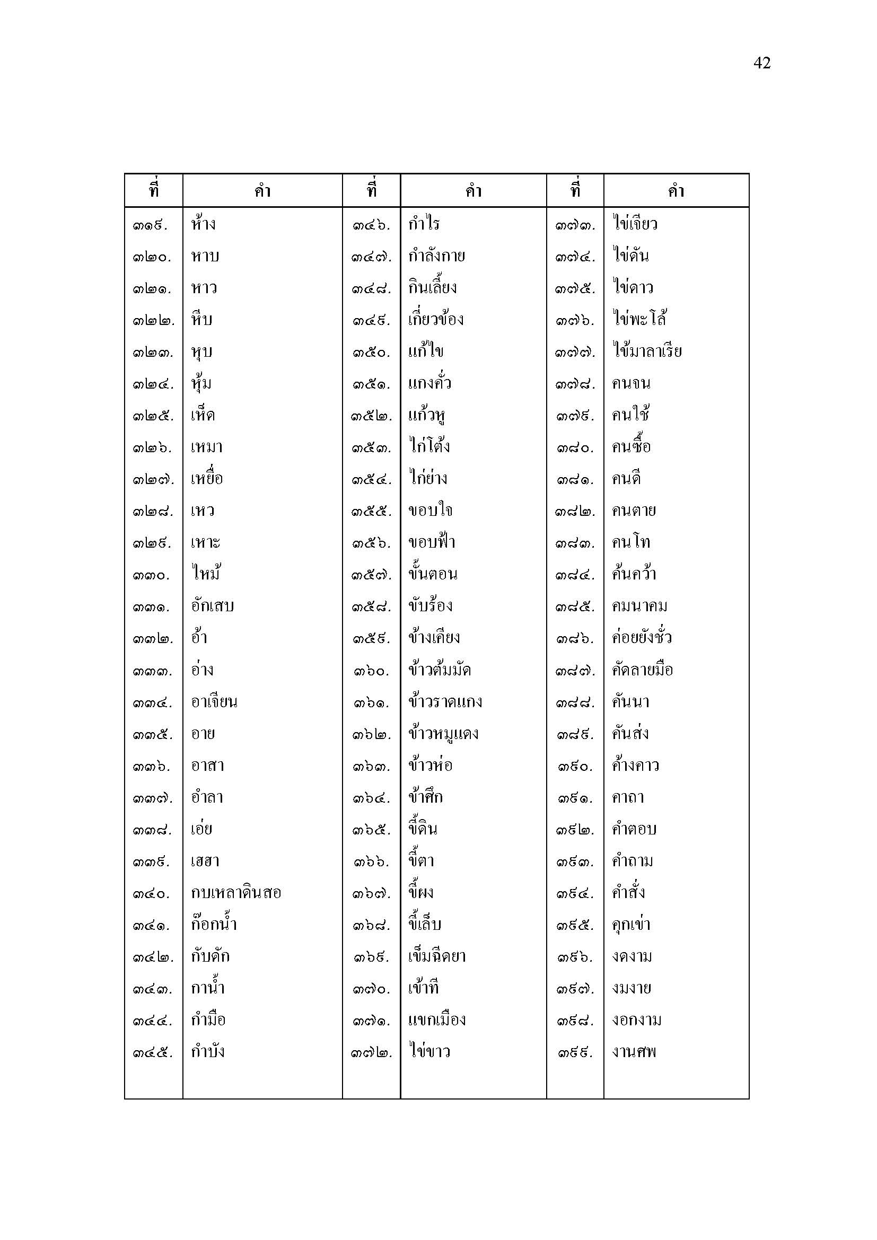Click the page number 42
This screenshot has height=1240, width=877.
click(761, 63)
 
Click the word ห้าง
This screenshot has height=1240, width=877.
click(203, 224)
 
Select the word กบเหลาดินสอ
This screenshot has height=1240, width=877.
click(236, 893)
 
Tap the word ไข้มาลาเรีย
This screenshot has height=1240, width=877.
click(647, 351)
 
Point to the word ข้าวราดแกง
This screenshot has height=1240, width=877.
click(445, 702)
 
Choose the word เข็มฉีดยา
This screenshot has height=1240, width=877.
click(437, 956)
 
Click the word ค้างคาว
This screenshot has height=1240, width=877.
click(635, 766)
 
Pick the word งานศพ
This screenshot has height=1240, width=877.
click(634, 1052)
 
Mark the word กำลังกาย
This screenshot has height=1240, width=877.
click(436, 256)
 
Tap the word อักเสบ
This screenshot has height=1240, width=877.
click(212, 606)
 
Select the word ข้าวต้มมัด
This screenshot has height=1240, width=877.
click(440, 670)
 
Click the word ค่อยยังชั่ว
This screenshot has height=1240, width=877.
click(642, 638)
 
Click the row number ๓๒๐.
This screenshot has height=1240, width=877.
click(152, 257)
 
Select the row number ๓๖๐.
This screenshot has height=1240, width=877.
click(371, 671)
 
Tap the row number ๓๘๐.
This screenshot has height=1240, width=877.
click(576, 448)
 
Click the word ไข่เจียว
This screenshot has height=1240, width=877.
click(635, 224)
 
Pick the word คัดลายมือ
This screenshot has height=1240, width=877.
click(642, 670)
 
